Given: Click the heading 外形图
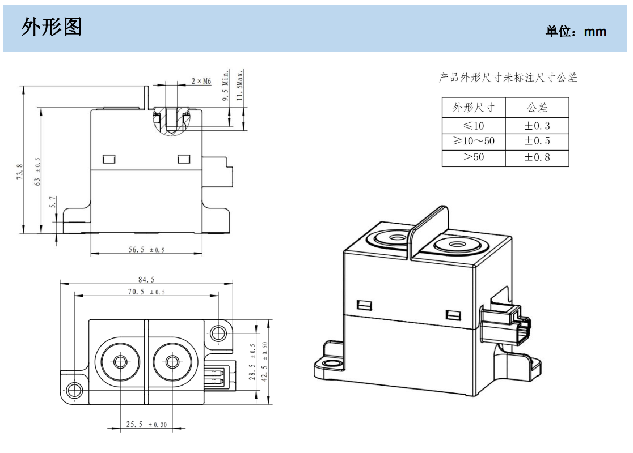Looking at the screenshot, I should pos(52,27).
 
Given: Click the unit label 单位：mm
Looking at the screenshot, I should pos(576,32).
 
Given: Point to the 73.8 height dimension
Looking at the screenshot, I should pos(20,172).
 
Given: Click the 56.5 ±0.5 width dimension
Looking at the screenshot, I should pos(146,249).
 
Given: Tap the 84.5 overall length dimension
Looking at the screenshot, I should pos(146,279).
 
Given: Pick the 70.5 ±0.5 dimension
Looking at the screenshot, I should pos(146,292).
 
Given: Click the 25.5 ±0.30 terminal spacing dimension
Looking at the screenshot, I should pos(146,424).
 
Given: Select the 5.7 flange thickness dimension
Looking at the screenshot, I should pos(53,203).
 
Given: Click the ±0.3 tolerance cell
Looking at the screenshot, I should pos(537,126).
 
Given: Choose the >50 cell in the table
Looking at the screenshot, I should pos(474,157).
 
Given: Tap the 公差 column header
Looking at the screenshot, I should pos(537,108).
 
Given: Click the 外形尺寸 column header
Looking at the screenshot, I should pos(474,108).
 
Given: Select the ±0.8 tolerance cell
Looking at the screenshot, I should pos(537,157).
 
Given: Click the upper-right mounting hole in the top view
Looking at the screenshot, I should pos(218,332).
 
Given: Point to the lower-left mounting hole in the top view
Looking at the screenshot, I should pos(74,390).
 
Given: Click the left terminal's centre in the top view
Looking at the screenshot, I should pos(120,361).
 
